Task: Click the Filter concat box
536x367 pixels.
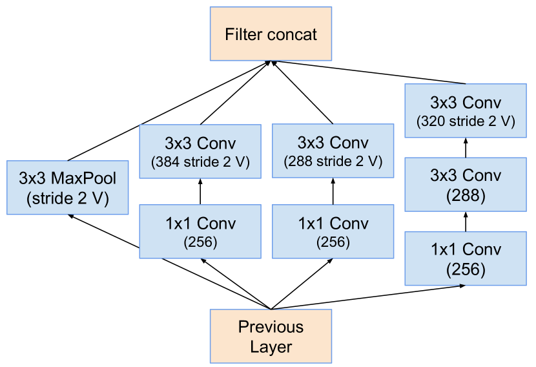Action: [x=271, y=34]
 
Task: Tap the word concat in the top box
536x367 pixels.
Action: [x=294, y=34]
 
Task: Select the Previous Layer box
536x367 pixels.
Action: [x=271, y=336]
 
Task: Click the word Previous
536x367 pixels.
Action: [x=271, y=326]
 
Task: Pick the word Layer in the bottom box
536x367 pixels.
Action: [x=271, y=347]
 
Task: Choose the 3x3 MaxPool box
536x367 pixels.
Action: [x=68, y=188]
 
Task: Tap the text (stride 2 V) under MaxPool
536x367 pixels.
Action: [x=68, y=199]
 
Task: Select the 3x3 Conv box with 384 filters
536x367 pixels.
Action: [x=200, y=151]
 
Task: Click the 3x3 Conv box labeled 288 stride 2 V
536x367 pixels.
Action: [x=333, y=151]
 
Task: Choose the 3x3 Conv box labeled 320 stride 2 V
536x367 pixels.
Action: [x=466, y=110]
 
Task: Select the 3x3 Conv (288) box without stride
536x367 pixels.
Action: [x=466, y=184]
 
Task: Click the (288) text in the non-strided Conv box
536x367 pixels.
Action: [x=466, y=195]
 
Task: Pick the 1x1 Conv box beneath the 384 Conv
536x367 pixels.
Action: [x=200, y=231]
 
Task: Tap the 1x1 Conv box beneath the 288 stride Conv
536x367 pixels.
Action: [x=333, y=231]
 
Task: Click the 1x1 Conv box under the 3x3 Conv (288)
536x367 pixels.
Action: [x=466, y=258]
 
